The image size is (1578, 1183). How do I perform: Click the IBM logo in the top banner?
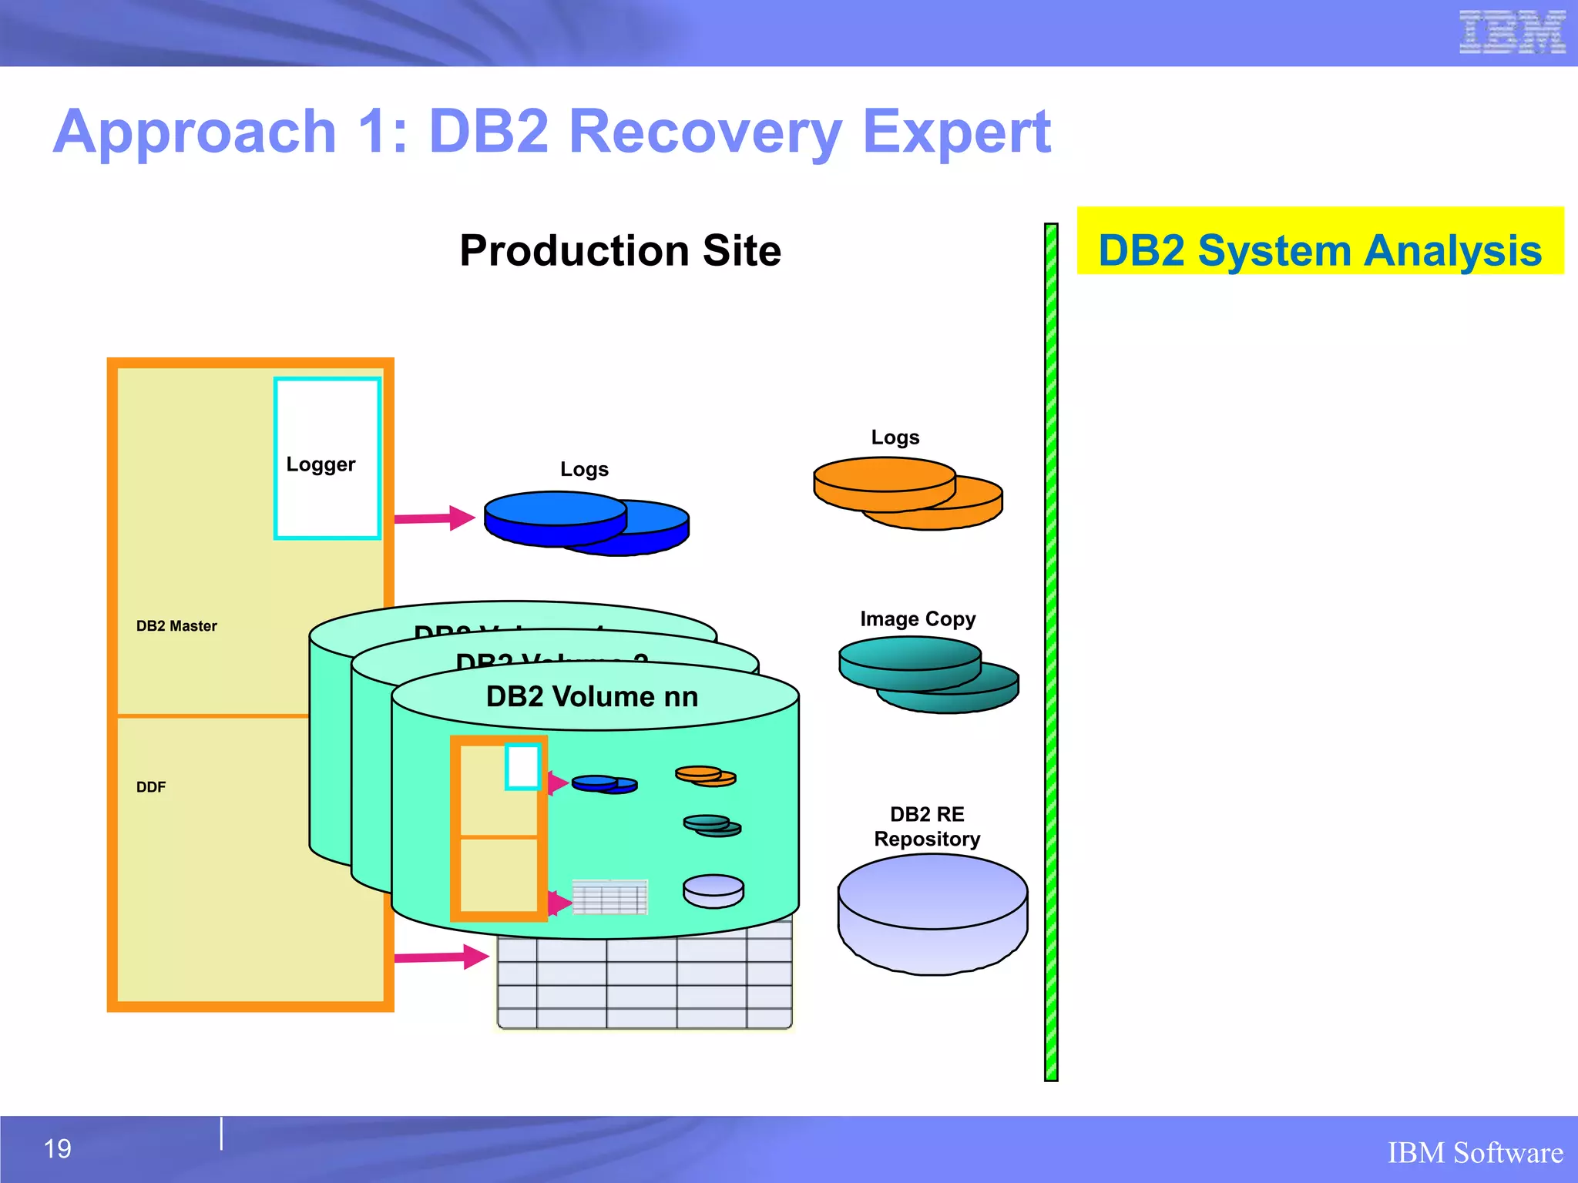tap(1512, 32)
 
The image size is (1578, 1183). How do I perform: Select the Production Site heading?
tap(620, 250)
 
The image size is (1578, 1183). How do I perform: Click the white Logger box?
tap(327, 459)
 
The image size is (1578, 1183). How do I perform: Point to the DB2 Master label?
tap(176, 626)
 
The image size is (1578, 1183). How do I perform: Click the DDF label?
tap(151, 787)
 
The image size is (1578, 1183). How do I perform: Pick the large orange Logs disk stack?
tap(907, 493)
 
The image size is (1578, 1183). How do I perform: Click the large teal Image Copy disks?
tap(928, 674)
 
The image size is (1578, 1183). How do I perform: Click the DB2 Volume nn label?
tap(592, 697)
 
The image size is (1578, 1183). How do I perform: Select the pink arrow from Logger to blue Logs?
tap(435, 518)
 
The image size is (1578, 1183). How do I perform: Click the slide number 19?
tap(58, 1149)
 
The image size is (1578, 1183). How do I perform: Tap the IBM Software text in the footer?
tap(1475, 1153)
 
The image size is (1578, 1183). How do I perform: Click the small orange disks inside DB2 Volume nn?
tap(705, 776)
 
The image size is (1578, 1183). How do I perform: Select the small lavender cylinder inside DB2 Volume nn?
tap(713, 891)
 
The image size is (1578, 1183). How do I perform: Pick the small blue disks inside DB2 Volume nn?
tap(604, 784)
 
